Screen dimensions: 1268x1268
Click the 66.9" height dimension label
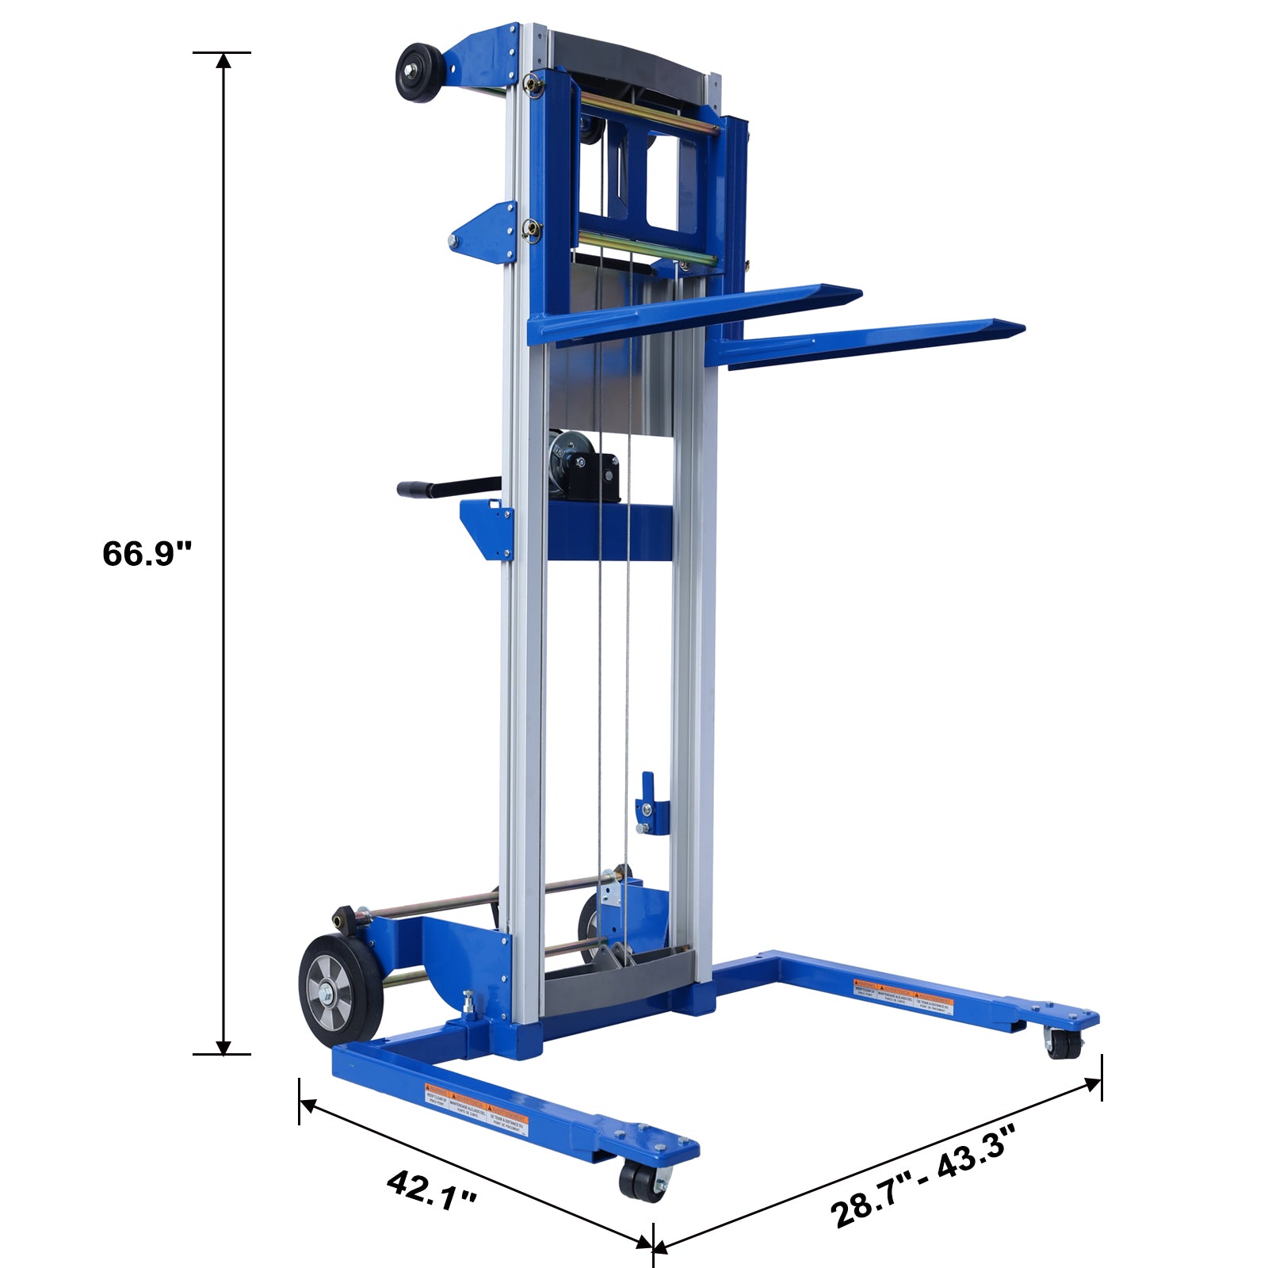[x=147, y=553]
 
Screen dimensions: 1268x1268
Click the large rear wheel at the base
[x=341, y=991]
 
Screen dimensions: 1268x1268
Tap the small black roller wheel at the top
[x=420, y=73]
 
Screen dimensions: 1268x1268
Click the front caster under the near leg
[x=644, y=1181]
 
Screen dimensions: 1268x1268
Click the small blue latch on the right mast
[x=648, y=804]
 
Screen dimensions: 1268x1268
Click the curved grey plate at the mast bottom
[x=618, y=987]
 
